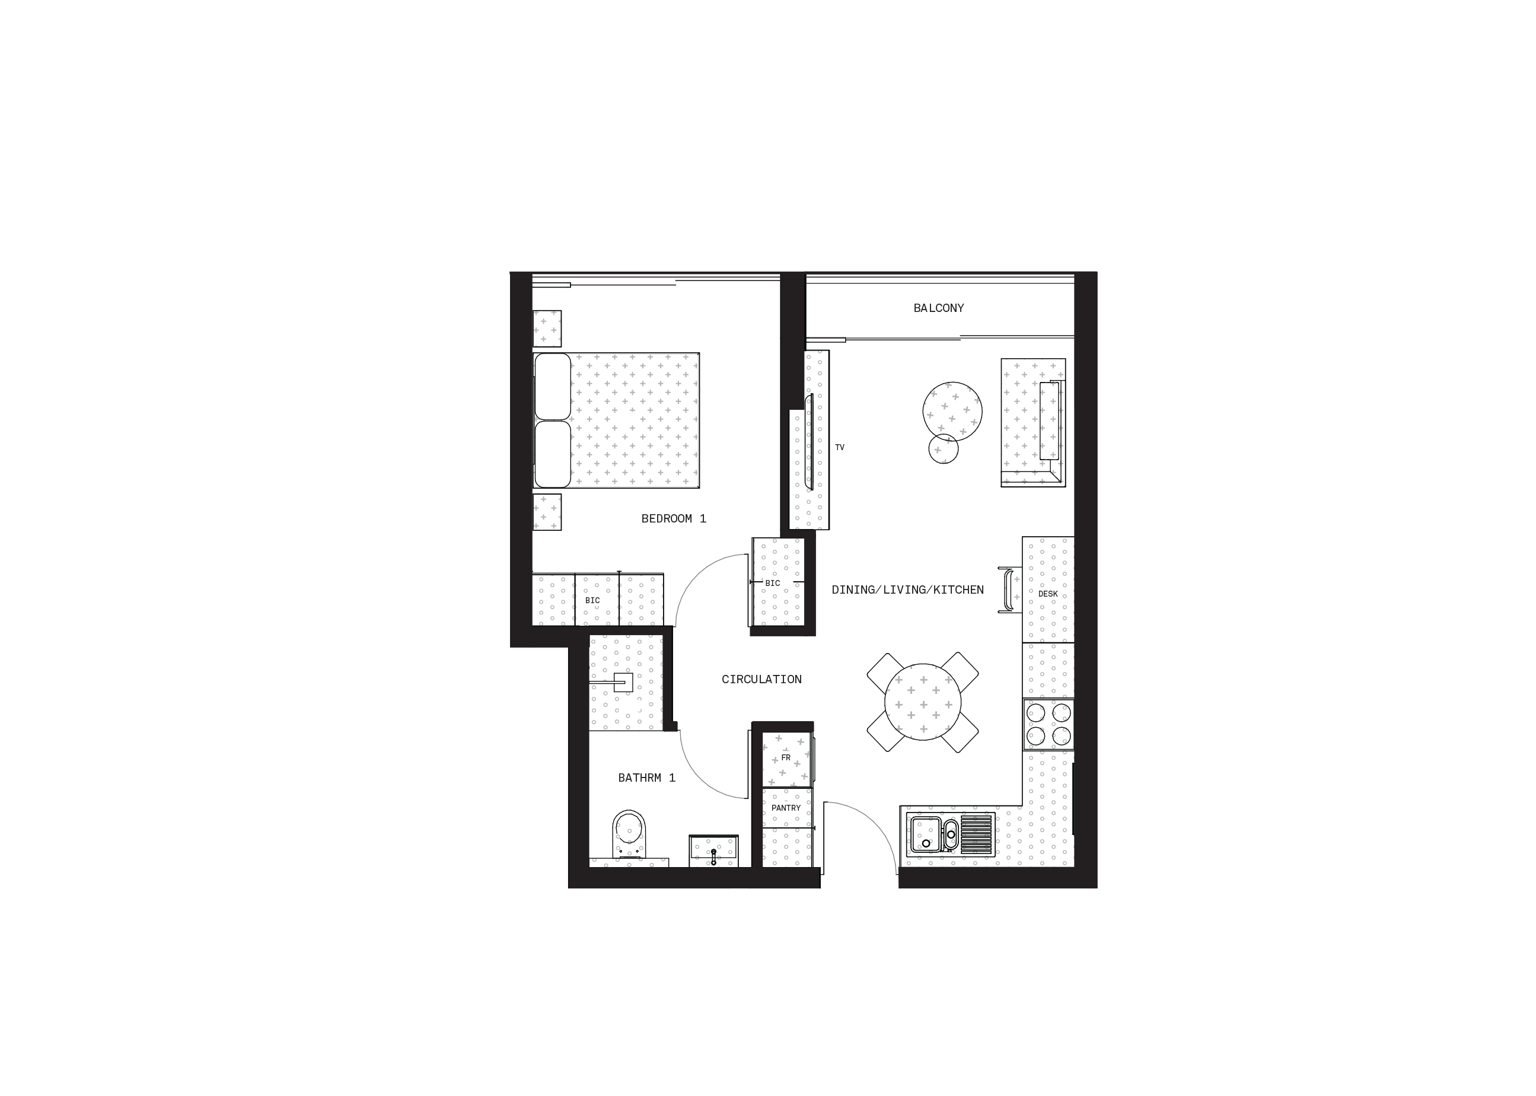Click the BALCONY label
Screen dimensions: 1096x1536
tap(939, 308)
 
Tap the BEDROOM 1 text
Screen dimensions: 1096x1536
tap(674, 519)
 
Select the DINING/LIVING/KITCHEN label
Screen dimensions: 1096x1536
tap(907, 590)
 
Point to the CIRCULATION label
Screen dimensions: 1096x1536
tap(761, 680)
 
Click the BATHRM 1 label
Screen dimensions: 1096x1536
tap(646, 778)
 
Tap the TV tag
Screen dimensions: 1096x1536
tap(842, 447)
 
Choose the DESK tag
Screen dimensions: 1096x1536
tap(1049, 594)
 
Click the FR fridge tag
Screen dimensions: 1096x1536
tap(786, 758)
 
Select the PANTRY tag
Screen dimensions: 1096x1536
tap(786, 808)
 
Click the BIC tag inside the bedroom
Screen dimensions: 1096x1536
tap(597, 600)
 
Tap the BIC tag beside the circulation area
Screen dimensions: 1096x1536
tap(777, 583)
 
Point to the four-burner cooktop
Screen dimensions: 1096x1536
tap(1048, 724)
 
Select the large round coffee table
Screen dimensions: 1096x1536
tap(952, 411)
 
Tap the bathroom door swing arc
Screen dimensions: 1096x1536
tap(702, 776)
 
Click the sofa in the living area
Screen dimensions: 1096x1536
tap(1033, 422)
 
